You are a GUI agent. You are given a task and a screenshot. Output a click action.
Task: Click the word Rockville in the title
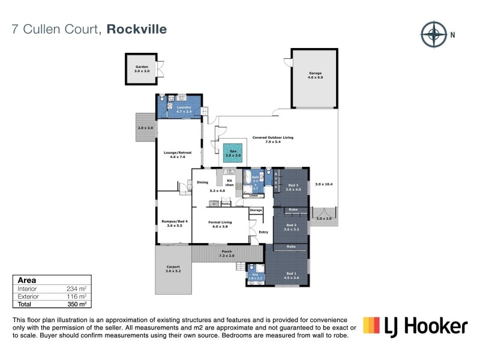(x=137, y=28)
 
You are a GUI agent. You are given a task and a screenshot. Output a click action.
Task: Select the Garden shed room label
(x=142, y=69)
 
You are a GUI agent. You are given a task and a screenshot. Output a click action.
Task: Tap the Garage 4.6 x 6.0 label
(x=315, y=75)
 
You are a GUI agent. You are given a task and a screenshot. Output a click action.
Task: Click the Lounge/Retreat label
(x=178, y=154)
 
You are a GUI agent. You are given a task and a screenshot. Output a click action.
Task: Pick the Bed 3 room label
(x=293, y=187)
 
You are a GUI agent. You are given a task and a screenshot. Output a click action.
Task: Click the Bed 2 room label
(x=292, y=227)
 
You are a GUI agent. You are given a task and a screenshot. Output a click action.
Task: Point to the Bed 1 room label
(x=292, y=275)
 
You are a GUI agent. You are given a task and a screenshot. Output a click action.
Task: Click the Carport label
(x=172, y=269)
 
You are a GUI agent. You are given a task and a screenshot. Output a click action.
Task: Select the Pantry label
(x=226, y=204)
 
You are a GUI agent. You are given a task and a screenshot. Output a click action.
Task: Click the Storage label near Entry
(x=256, y=210)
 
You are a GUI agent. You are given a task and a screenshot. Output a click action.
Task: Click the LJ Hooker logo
(x=415, y=326)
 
